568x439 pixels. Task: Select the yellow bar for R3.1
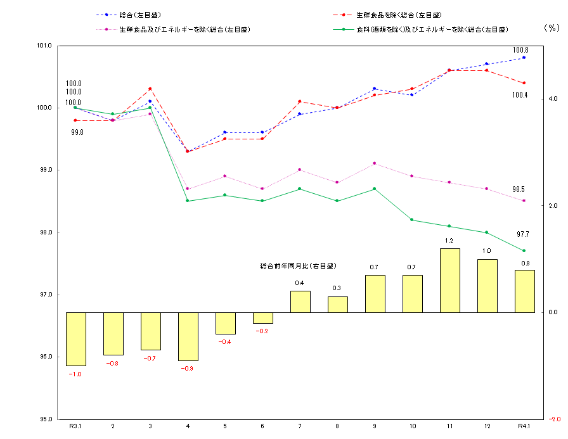click(75, 339)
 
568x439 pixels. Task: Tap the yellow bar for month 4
click(188, 336)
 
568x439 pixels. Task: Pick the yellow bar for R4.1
click(524, 291)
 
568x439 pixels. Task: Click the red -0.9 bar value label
click(188, 369)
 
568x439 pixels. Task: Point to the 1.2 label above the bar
click(449, 241)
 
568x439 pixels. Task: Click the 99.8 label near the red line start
click(77, 132)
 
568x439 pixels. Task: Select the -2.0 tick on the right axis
click(552, 419)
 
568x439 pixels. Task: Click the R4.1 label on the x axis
click(524, 426)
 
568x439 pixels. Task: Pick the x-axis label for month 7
click(300, 426)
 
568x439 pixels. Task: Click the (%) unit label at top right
click(552, 28)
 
